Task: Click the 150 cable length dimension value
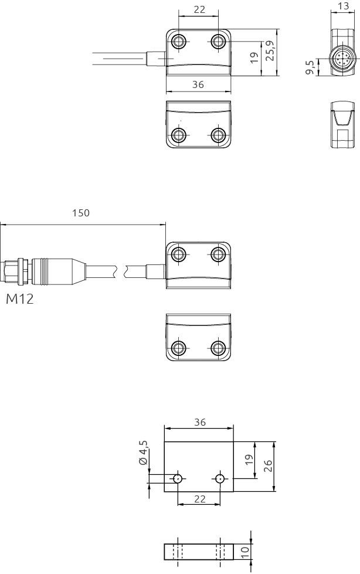81,213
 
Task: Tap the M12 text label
20,299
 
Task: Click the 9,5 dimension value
310,67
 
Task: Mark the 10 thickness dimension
246,551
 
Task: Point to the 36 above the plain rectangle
199,422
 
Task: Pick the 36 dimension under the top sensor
198,85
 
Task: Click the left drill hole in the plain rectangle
177,478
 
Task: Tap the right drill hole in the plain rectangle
220,478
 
